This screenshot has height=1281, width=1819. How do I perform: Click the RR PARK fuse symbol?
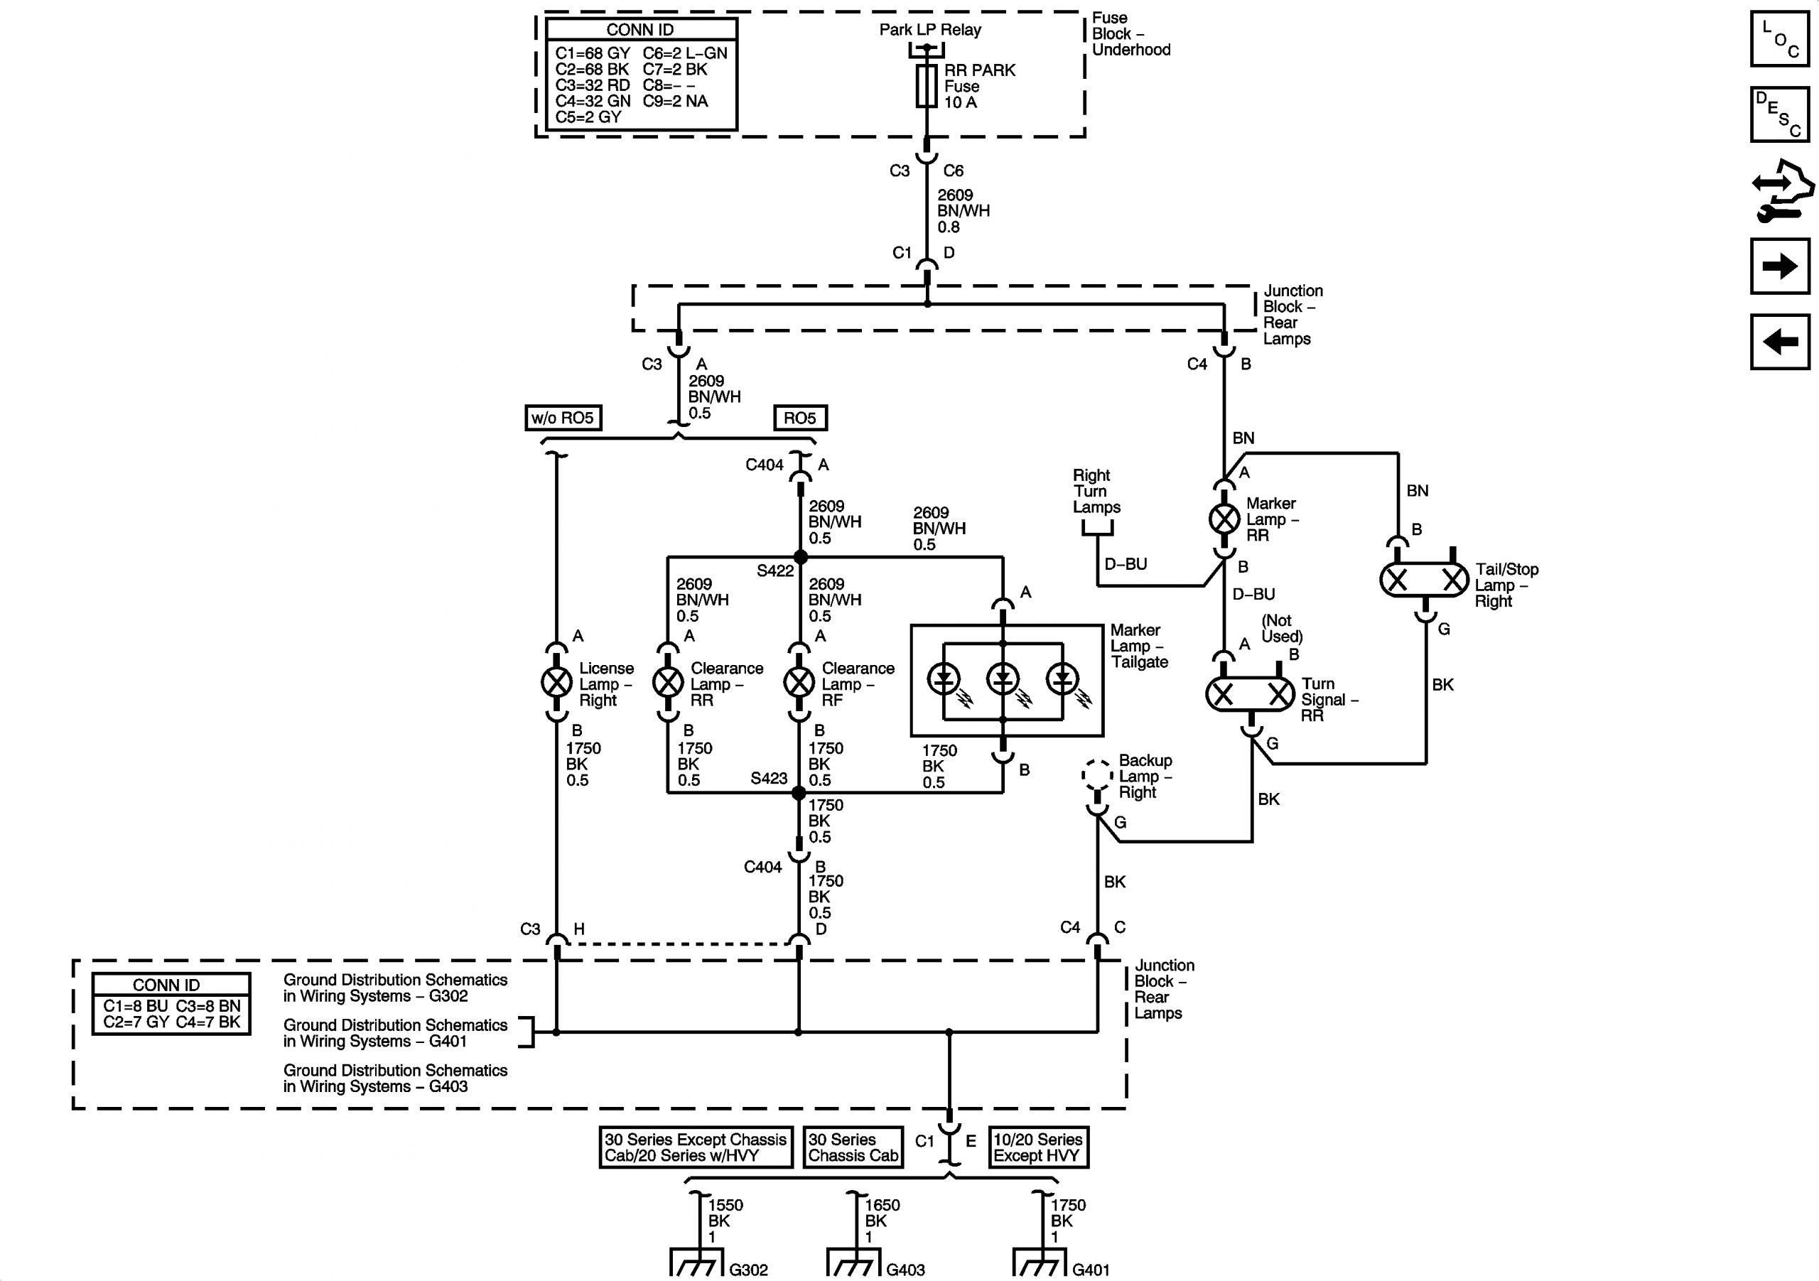click(x=927, y=85)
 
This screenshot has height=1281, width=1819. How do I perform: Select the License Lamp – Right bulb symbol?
click(x=556, y=682)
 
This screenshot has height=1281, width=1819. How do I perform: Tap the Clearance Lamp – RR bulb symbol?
click(x=668, y=682)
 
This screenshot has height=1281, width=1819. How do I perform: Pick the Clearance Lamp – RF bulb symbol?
click(x=799, y=682)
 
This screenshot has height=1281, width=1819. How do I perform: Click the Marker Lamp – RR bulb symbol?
click(x=1224, y=519)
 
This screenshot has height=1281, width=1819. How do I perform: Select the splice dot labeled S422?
click(x=800, y=557)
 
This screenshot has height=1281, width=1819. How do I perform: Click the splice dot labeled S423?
click(x=799, y=792)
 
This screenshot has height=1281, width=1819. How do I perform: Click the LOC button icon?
click(x=1779, y=38)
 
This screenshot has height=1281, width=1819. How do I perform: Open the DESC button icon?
click(x=1779, y=114)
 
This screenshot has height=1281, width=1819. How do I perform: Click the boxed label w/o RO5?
click(x=563, y=418)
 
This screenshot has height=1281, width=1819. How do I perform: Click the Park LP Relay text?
click(x=930, y=29)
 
